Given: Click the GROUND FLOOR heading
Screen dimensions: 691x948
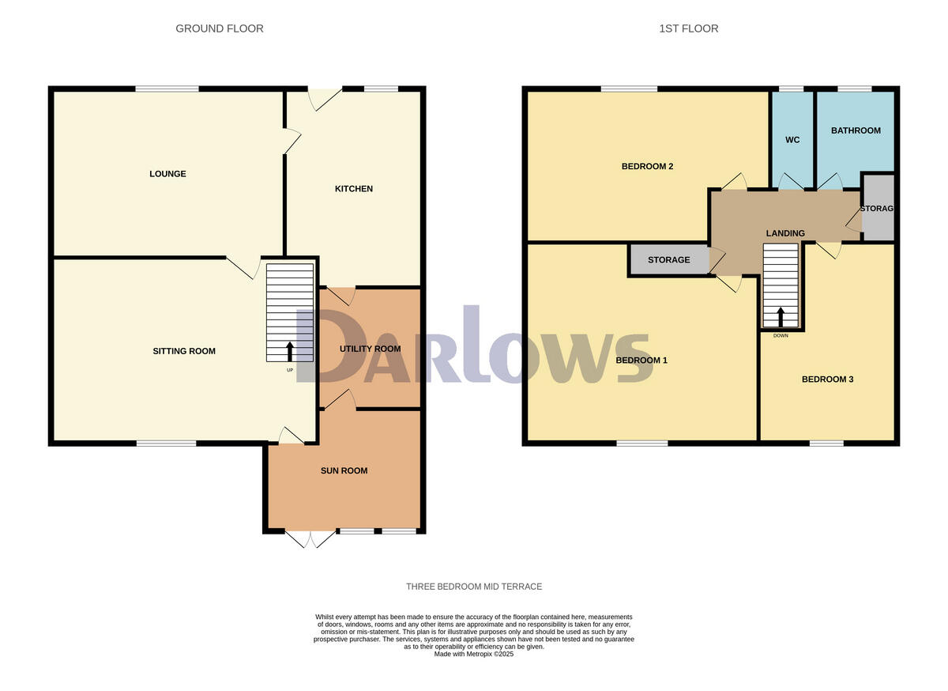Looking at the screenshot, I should (220, 28).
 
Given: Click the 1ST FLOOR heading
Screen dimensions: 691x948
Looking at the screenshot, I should (689, 28).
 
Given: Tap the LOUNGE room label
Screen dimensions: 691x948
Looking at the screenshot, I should (167, 174).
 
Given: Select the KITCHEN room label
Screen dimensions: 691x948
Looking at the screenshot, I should (354, 189).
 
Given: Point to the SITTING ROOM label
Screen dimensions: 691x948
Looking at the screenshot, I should (184, 351).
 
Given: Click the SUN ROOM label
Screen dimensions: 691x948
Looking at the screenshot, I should (344, 471).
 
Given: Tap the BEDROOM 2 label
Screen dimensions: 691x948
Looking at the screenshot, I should (647, 167).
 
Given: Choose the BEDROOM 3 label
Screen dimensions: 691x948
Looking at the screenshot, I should (827, 379).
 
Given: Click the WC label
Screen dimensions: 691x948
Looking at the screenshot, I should (792, 140).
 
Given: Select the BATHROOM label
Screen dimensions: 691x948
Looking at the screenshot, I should (855, 130).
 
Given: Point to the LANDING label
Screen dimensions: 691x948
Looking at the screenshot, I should (785, 233).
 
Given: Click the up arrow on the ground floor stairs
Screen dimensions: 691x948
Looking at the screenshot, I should (290, 351).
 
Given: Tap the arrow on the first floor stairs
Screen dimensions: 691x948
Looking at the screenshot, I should (781, 316).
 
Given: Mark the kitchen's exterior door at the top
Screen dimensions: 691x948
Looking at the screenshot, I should (325, 98).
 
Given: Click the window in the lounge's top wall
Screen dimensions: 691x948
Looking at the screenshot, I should (167, 89).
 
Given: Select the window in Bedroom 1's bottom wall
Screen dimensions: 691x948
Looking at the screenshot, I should (641, 443).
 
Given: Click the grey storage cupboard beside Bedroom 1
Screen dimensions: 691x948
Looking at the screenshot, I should (669, 260).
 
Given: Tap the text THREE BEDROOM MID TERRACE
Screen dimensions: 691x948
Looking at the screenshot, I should (474, 587).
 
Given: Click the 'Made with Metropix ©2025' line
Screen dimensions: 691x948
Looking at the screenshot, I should (474, 654).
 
